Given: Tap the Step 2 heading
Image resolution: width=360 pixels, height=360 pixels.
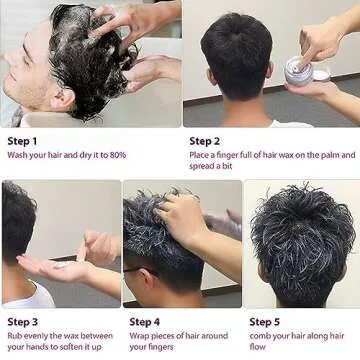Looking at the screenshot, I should [205, 141].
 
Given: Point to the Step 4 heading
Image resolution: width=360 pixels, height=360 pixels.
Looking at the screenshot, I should [145, 321].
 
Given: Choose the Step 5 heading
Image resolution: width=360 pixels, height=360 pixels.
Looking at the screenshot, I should [266, 321].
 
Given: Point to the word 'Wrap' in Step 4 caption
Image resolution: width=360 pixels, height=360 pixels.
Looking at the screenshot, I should [140, 336].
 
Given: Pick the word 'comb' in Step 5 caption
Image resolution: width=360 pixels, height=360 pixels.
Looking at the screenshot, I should [262, 336].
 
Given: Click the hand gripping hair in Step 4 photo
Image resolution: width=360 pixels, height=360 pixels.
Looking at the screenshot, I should [184, 215].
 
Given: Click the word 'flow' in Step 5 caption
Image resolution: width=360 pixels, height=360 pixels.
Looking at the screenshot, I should [258, 348].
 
